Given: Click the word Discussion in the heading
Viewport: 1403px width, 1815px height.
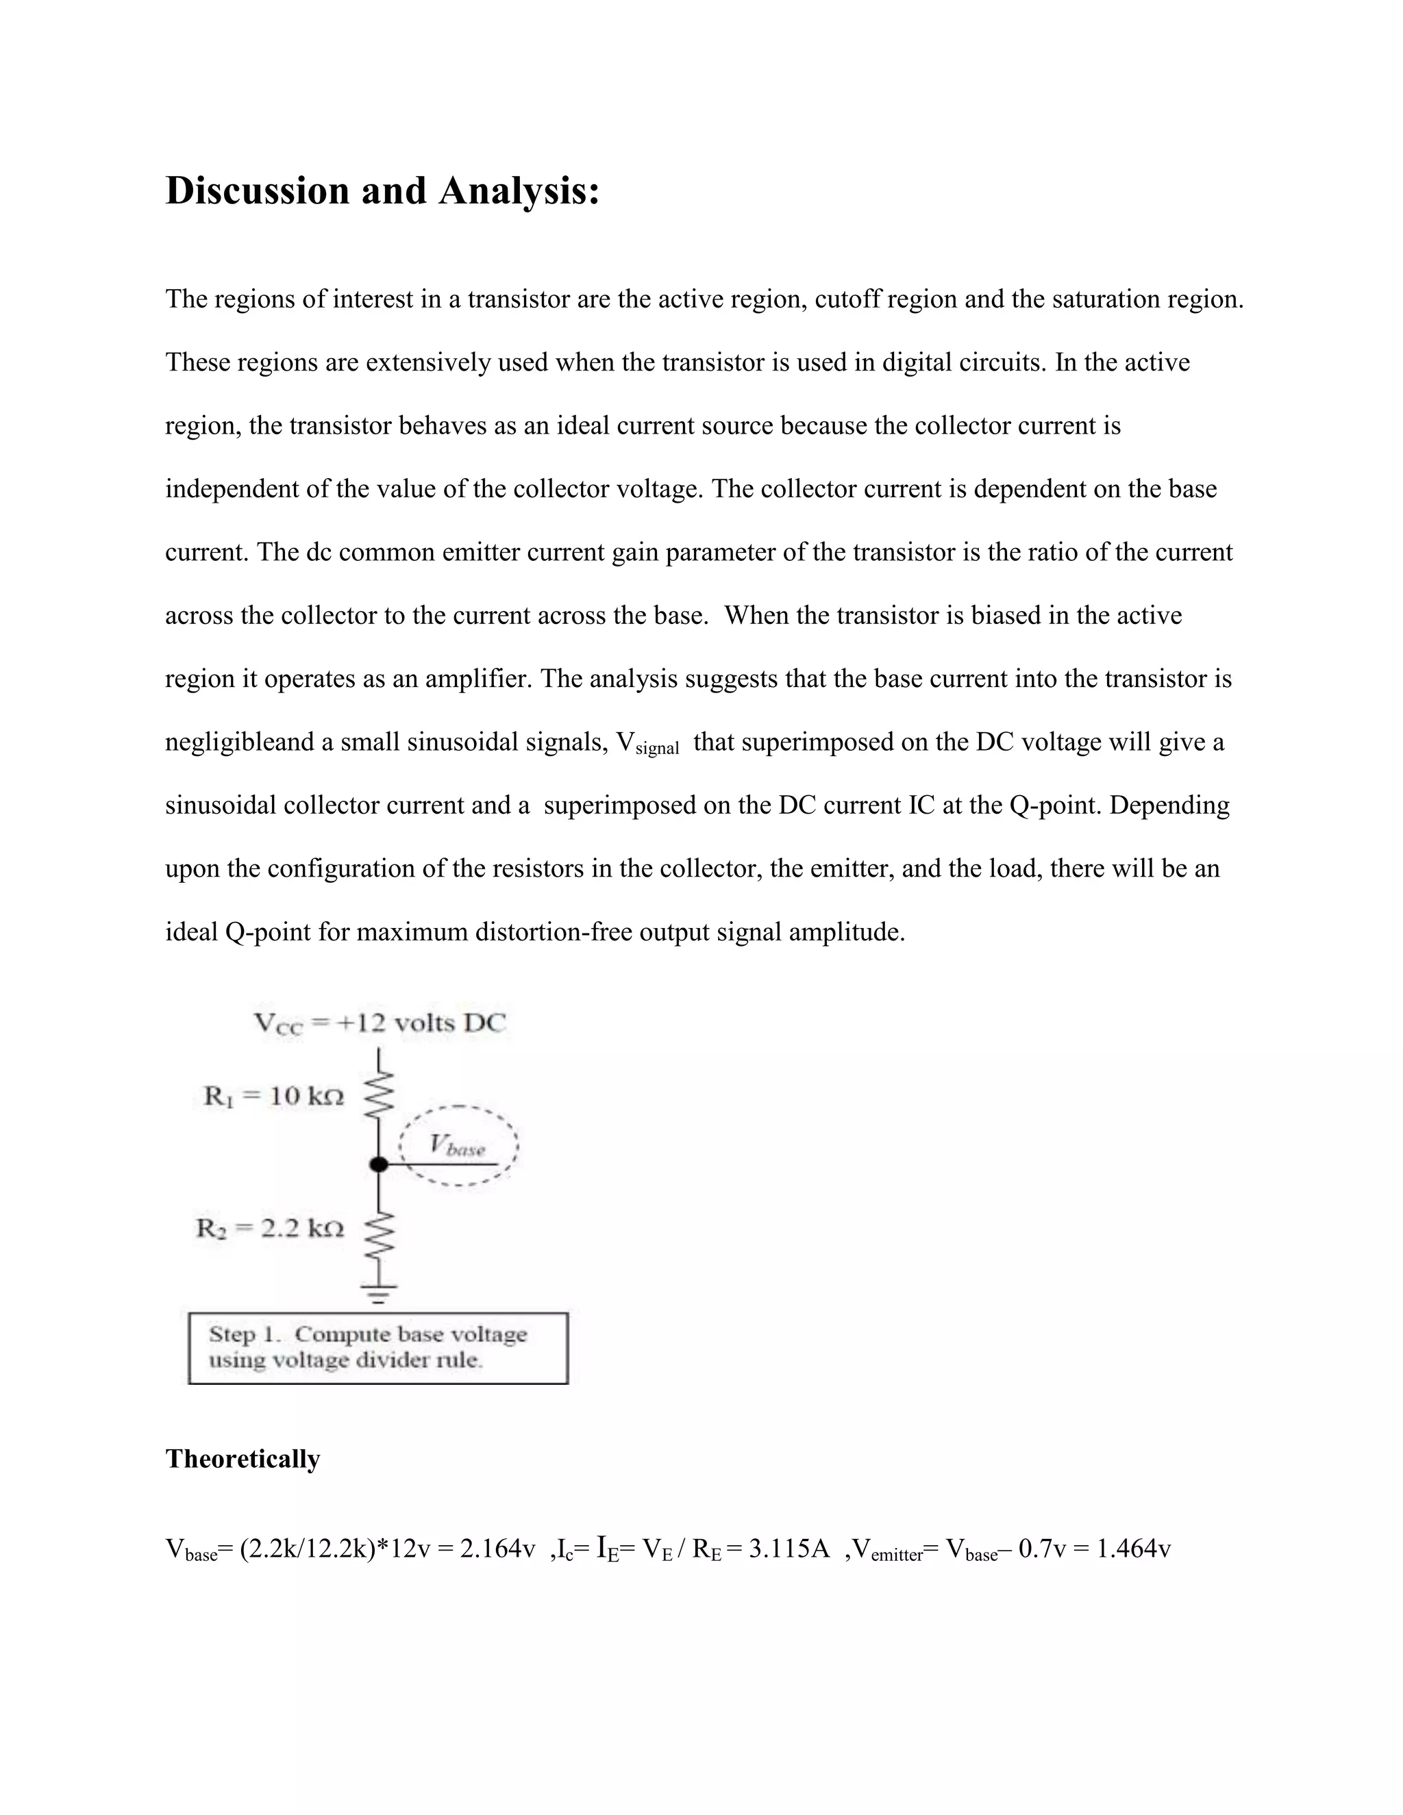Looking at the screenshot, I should click(x=257, y=191).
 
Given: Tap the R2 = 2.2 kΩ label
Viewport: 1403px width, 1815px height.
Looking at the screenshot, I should click(x=269, y=1227).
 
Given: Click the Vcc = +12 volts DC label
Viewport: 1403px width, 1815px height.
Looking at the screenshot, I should click(x=379, y=1023).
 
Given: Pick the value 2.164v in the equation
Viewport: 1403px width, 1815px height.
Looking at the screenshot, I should click(x=498, y=1549).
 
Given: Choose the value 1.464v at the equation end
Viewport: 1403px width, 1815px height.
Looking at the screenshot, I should click(x=1134, y=1549).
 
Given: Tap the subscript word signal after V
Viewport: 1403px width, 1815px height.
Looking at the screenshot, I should click(x=656, y=748).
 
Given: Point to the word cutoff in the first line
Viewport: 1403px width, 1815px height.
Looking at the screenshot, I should click(x=847, y=299).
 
